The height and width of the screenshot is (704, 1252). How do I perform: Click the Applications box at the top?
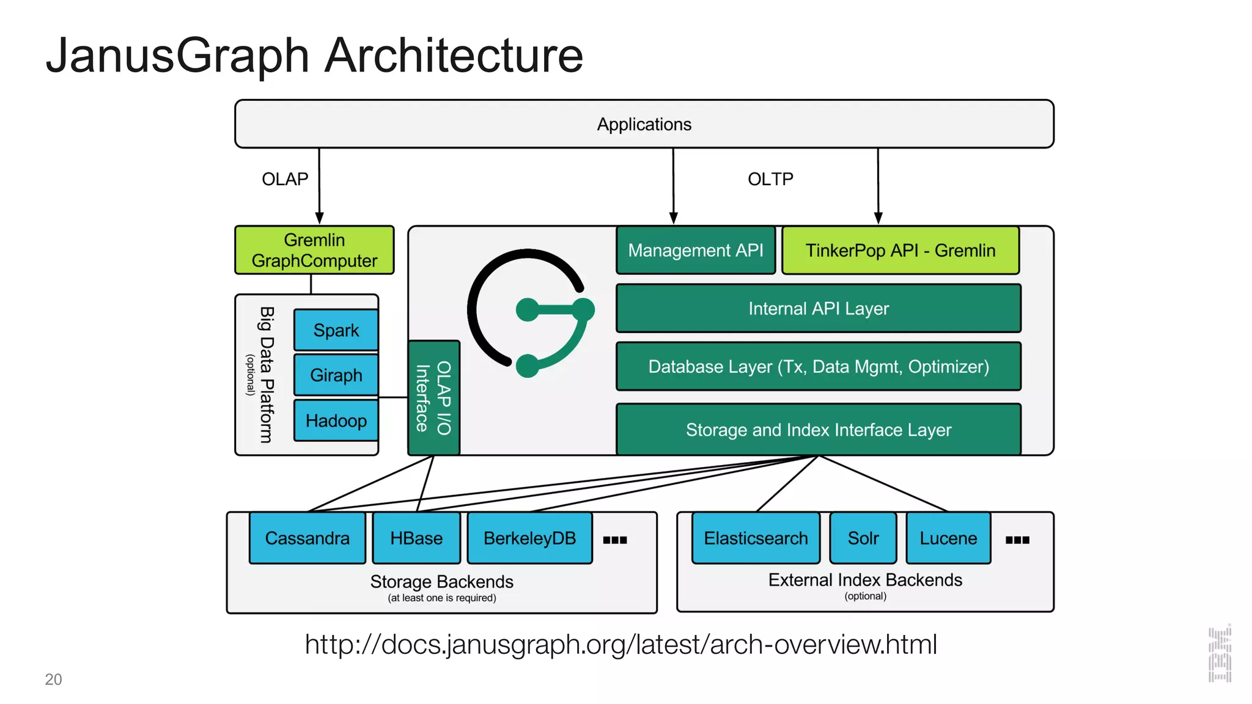coord(644,124)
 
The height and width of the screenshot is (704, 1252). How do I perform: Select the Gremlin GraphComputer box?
coord(314,250)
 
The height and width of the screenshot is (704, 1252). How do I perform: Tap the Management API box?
coord(695,251)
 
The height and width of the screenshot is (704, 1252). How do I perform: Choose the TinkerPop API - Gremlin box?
coord(900,251)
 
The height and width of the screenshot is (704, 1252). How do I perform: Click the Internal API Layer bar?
coord(818,309)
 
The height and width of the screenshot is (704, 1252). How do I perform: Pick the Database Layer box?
coord(818,367)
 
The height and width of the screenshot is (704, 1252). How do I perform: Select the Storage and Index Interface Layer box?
coord(818,430)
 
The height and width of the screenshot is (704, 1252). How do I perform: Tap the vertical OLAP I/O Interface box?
coord(433,398)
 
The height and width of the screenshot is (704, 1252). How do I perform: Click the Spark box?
coord(336,330)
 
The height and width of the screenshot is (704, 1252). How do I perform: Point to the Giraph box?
coord(336,375)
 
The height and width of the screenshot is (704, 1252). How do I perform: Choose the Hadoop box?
coord(336,420)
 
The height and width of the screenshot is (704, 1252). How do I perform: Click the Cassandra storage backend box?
coord(307,538)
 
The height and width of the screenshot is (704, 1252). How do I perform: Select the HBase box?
coord(416,538)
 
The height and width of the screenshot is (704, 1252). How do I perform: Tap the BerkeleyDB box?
coord(529,538)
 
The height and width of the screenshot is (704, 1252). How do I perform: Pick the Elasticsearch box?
coord(756,538)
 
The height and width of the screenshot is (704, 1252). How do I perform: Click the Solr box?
coord(863,538)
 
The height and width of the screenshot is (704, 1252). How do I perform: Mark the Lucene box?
coord(948,538)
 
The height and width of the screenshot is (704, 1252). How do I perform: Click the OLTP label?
coord(770,179)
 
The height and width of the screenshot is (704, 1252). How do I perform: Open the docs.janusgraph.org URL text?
coord(620,644)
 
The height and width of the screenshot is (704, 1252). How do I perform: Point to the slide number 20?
coord(53,680)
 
